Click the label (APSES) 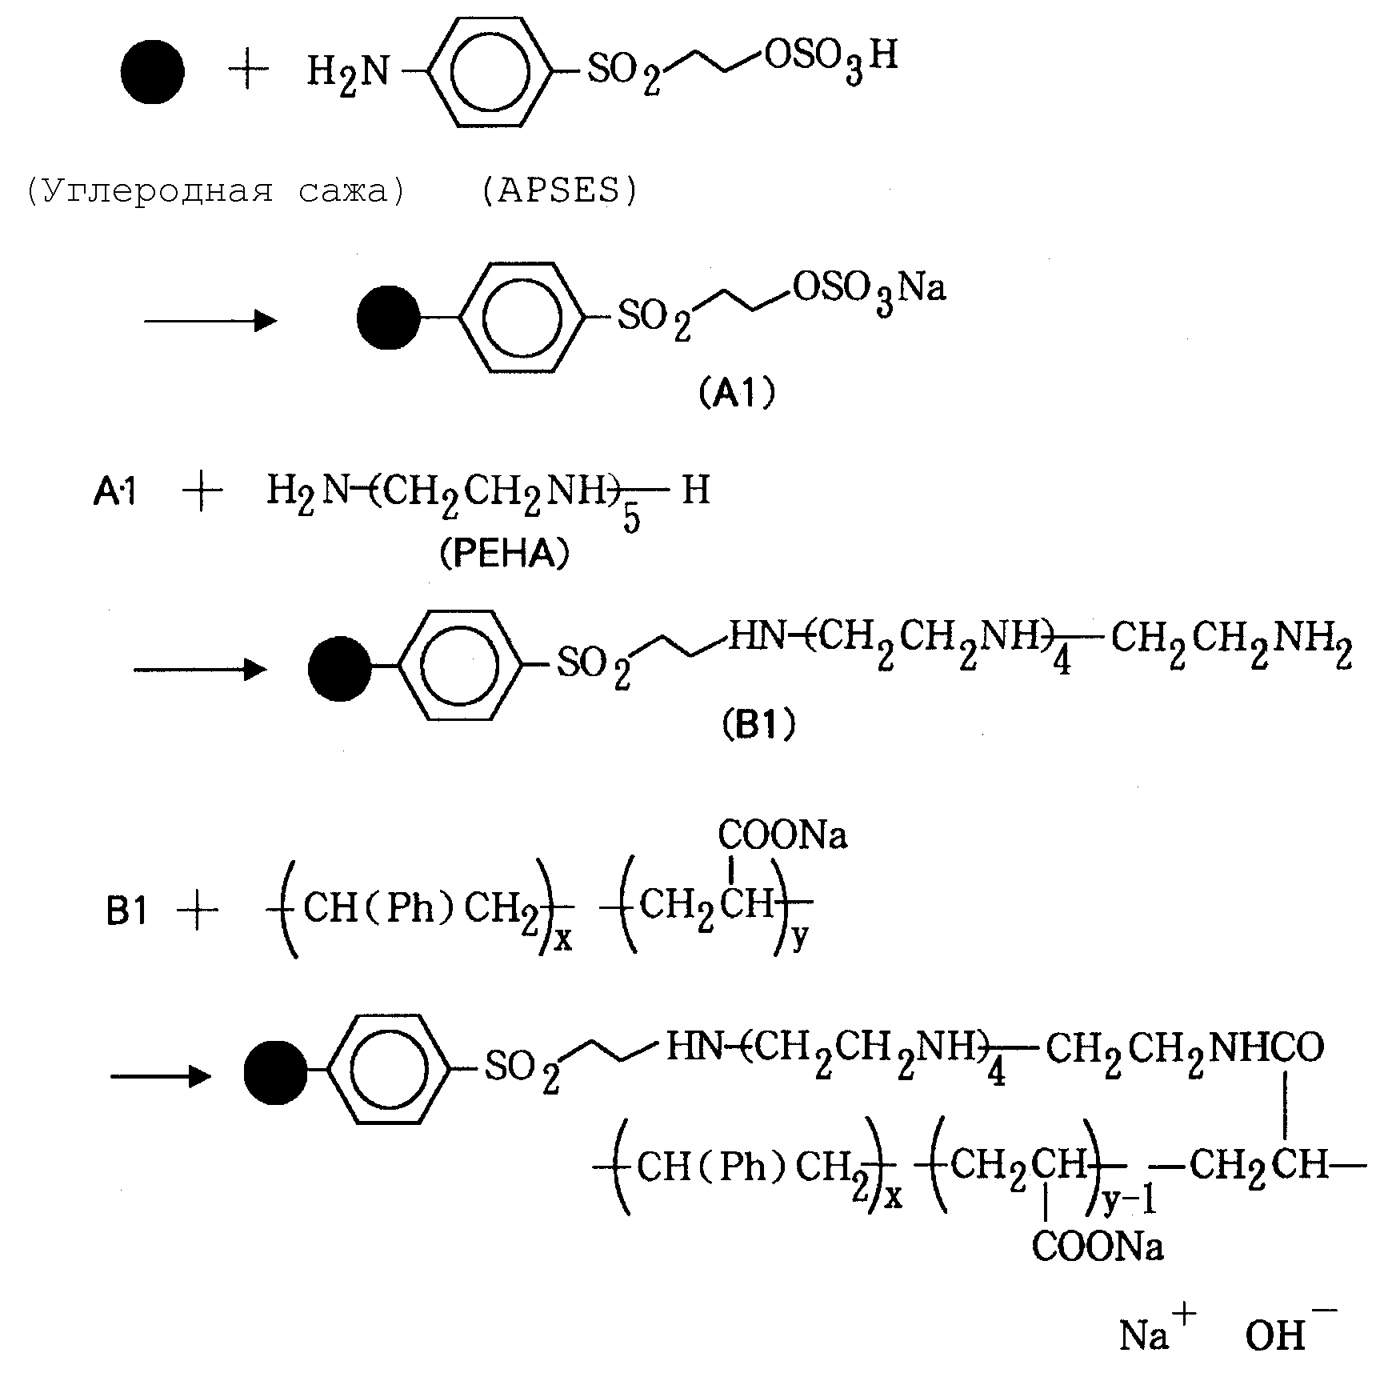(559, 190)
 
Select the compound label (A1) (737, 394)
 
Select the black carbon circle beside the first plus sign (152, 72)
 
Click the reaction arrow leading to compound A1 (210, 322)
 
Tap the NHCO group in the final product (1266, 1048)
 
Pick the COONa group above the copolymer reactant (782, 835)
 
